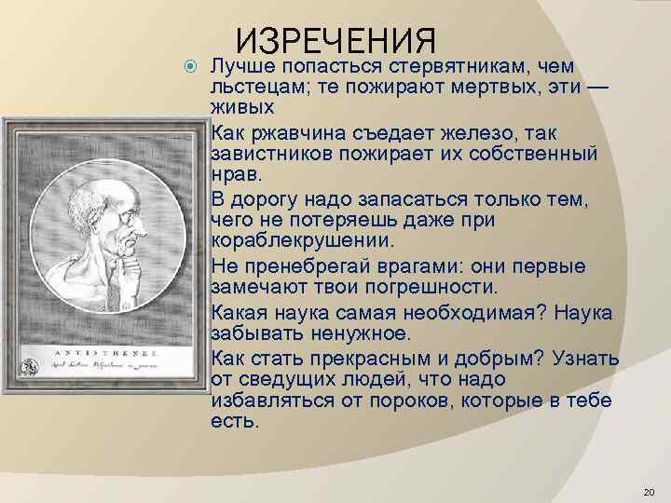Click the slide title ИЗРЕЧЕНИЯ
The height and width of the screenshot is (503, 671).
336,42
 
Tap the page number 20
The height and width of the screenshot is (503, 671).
650,491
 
